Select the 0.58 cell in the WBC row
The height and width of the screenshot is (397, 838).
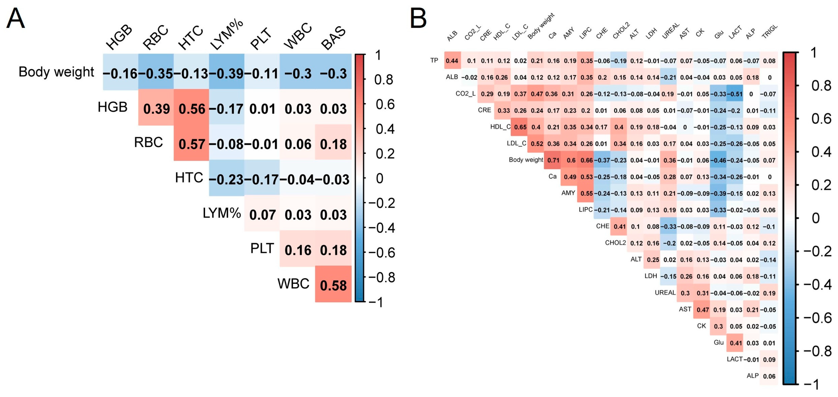pos(333,284)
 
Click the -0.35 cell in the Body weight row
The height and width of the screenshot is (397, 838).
pos(156,72)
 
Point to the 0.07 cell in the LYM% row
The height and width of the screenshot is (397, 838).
pos(262,214)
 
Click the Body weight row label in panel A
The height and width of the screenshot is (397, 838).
pos(56,72)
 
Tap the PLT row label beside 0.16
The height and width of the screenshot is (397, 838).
pos(262,248)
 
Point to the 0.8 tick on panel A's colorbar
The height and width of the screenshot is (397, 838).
pos(384,79)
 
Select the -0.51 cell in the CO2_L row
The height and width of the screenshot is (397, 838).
pos(735,94)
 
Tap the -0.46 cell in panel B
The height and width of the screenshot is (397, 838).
pos(718,160)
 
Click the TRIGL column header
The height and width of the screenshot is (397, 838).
pos(770,32)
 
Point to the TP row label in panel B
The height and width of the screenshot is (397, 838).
pos(434,60)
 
